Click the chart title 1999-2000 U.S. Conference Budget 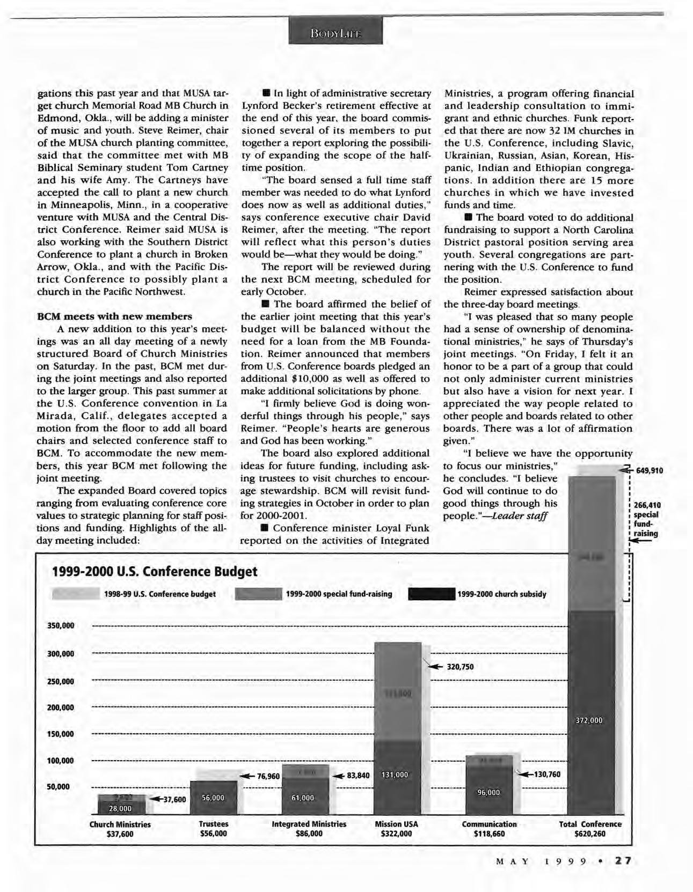point(154,571)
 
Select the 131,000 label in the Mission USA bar point(395,775)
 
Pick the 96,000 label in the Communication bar point(488,792)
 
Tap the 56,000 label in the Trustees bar point(213,798)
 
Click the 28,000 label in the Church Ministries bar point(120,808)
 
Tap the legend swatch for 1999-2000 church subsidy point(432,594)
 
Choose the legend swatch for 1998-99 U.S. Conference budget point(75,594)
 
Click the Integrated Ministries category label point(309,824)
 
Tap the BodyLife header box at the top point(335,31)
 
